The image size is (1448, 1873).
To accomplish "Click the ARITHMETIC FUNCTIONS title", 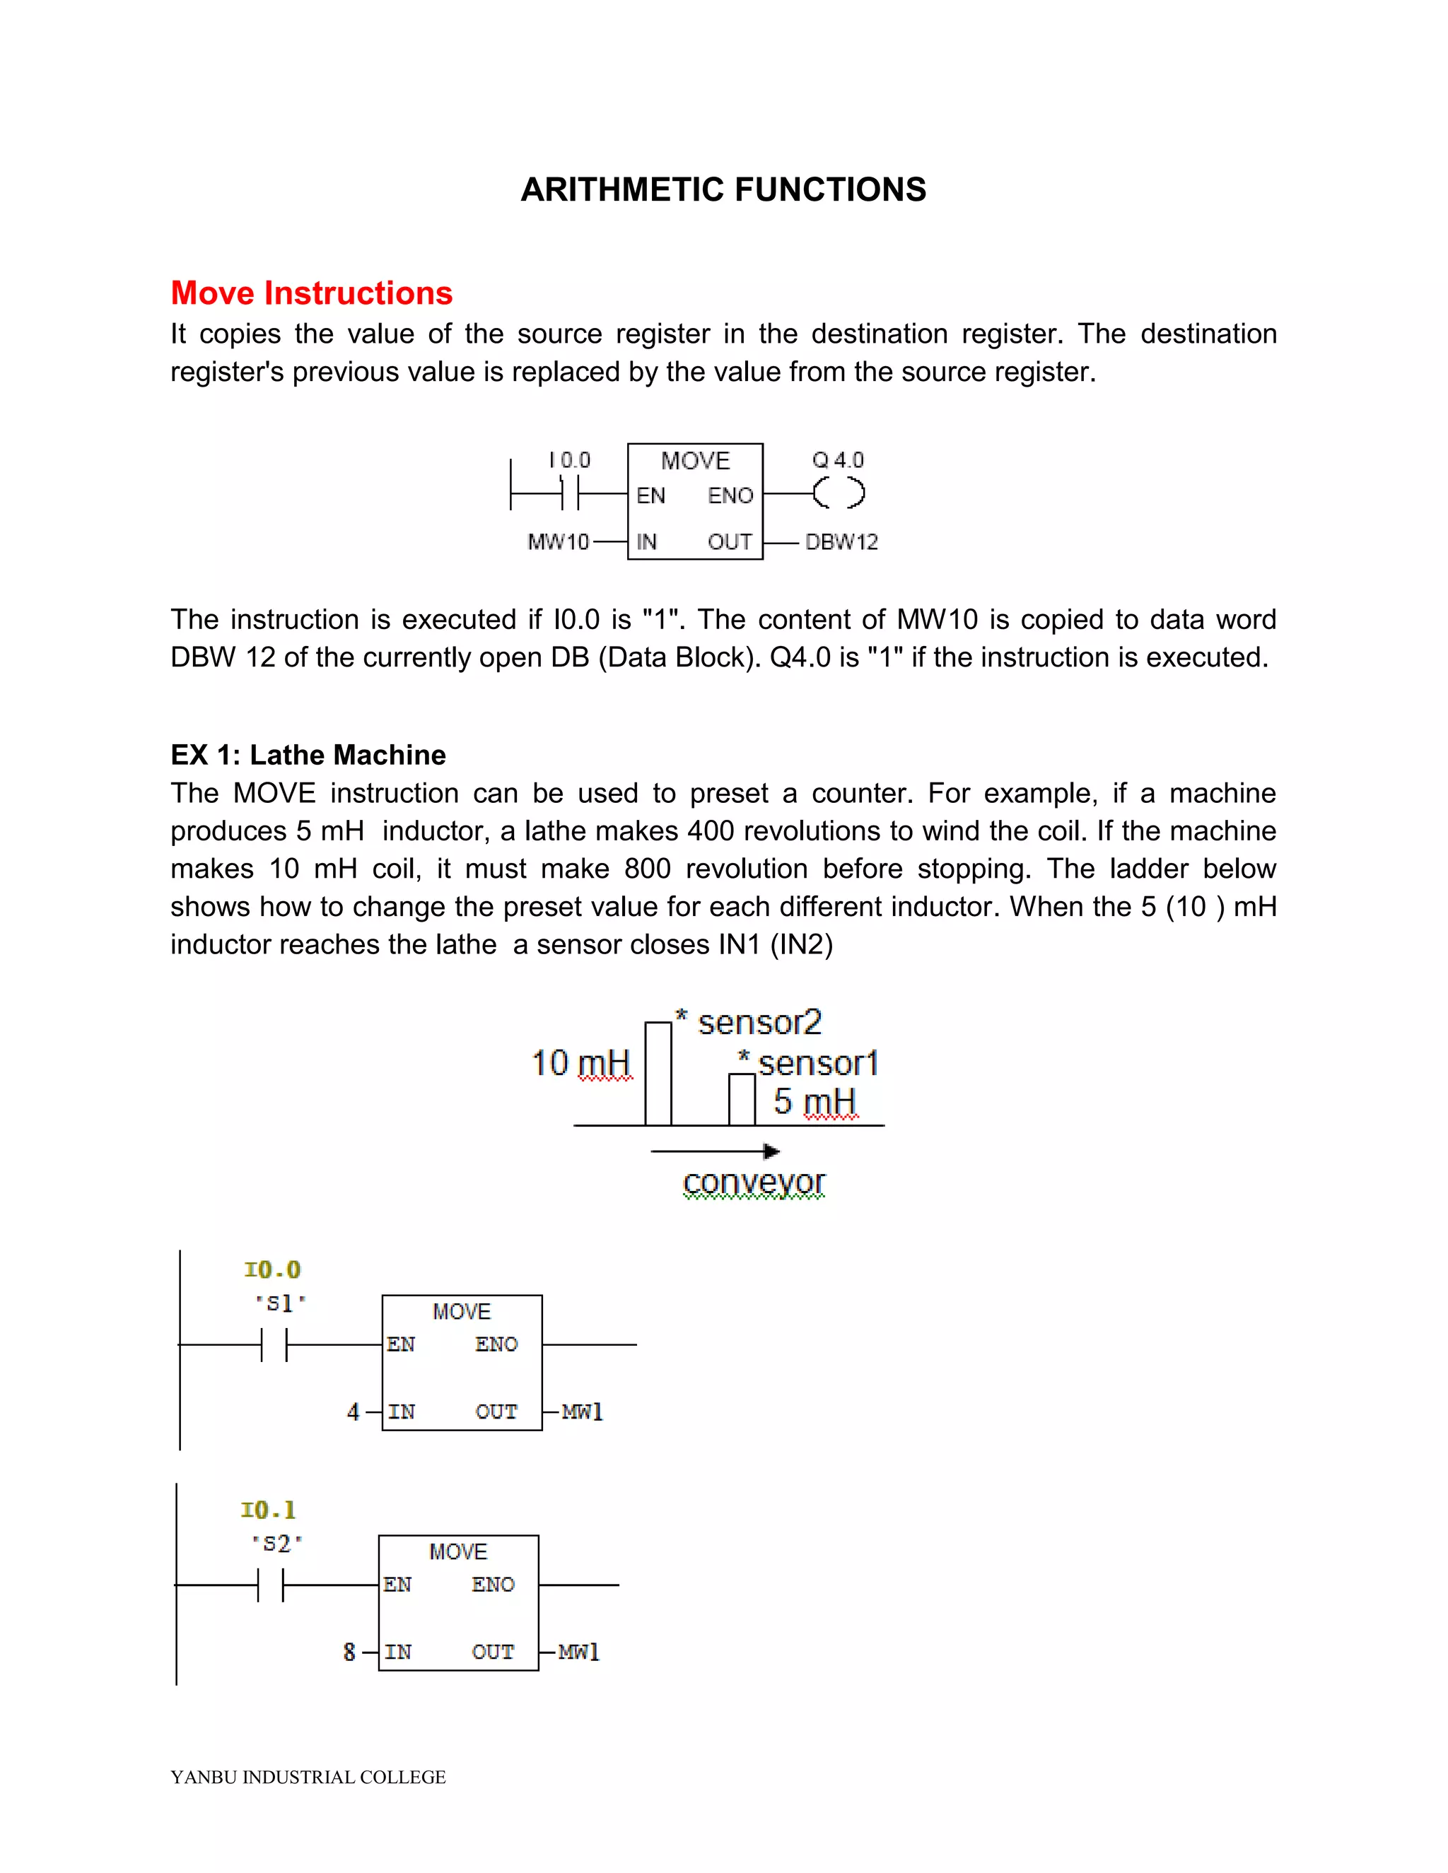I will point(723,189).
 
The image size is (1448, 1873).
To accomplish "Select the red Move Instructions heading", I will point(311,293).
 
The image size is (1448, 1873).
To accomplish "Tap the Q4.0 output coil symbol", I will point(838,493).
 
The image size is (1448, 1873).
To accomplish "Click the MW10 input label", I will point(559,542).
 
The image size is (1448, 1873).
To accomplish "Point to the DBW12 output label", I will point(841,542).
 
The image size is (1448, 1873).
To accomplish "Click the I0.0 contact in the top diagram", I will point(570,493).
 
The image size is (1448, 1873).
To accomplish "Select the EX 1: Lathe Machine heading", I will point(308,755).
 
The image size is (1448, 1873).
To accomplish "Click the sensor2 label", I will point(759,1022).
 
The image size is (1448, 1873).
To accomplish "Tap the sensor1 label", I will point(817,1064).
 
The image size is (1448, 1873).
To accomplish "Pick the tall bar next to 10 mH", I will point(658,1073).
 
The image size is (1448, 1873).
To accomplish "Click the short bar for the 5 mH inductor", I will point(742,1100).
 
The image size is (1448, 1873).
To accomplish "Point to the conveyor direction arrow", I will point(715,1151).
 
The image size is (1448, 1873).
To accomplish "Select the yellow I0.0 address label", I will point(272,1269).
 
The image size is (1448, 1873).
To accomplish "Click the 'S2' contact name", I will point(276,1544).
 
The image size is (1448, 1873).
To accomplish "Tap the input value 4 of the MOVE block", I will point(353,1411).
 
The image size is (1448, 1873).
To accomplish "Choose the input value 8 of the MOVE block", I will point(349,1652).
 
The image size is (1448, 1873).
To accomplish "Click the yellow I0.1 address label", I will point(269,1510).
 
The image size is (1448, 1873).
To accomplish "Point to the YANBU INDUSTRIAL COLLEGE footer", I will point(308,1777).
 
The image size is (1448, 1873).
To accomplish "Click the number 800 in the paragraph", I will point(648,869).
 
